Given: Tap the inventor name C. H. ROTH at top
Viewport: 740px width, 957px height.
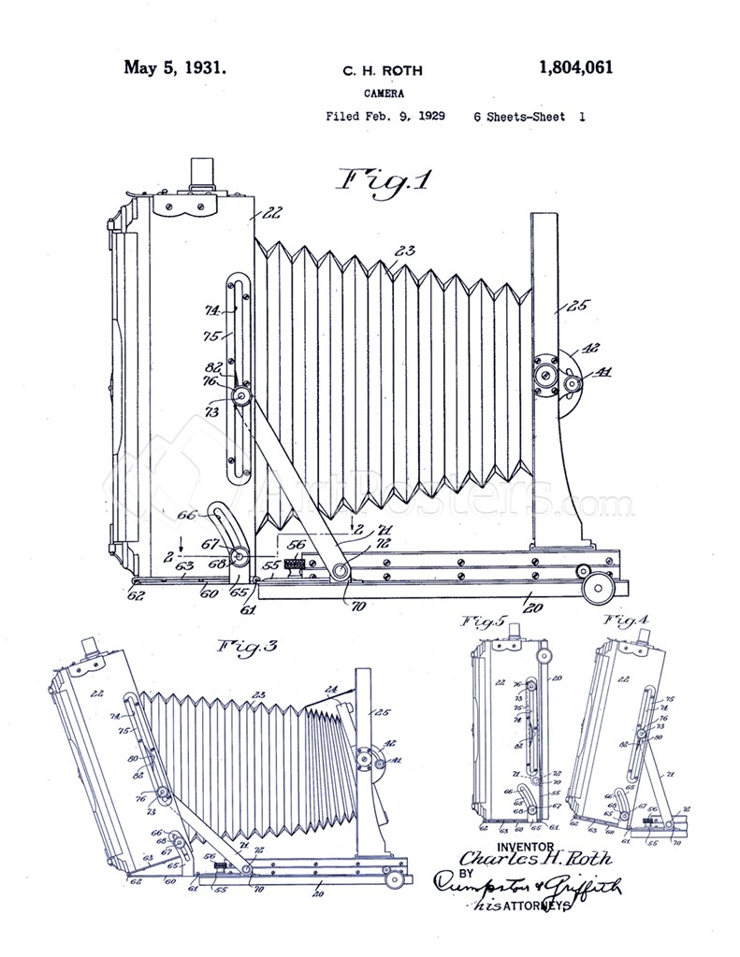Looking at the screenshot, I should tap(383, 70).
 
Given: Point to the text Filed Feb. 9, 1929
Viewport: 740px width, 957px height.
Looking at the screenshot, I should tap(385, 118).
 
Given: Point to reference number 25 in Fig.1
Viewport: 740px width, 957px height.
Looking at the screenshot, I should tap(579, 307).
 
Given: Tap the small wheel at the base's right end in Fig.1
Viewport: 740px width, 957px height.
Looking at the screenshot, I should tap(595, 587).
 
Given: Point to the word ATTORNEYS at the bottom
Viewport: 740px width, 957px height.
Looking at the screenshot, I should tap(540, 907).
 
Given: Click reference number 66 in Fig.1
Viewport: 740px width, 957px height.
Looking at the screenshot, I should tap(186, 515).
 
